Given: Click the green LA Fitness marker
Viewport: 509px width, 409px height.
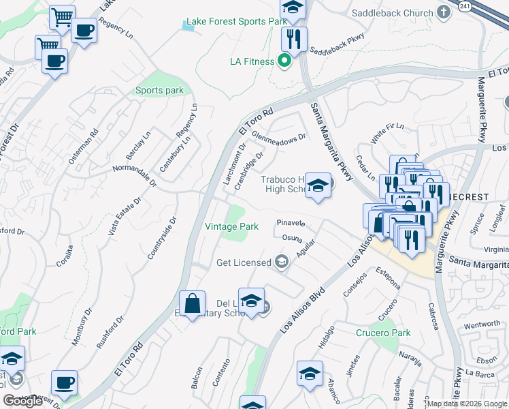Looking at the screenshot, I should [286, 61].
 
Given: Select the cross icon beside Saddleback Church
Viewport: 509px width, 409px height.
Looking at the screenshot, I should [444, 12].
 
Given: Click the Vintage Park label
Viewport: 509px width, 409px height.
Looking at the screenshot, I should [232, 226].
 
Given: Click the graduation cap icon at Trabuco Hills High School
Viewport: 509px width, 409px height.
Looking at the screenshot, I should [317, 185].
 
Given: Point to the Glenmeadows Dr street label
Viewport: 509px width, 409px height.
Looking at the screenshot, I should [280, 136].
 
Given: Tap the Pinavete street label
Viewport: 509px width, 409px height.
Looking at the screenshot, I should [291, 223].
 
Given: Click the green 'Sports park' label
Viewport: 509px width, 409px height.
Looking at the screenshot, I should [159, 90].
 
